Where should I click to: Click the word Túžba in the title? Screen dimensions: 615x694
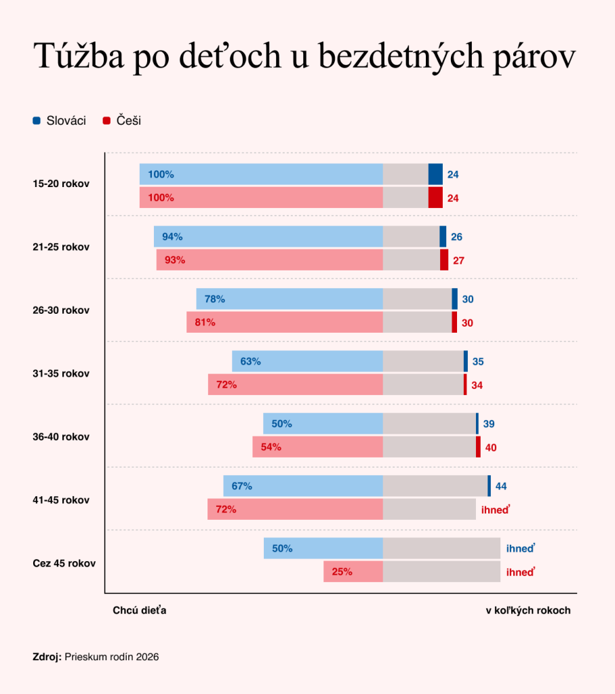79,56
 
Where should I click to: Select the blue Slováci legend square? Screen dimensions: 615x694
37,121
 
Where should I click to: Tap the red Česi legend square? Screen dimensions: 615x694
106,121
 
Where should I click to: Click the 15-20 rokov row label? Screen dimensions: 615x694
61,184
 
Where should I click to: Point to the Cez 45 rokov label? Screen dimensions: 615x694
64,563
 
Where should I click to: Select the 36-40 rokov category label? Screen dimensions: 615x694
61,437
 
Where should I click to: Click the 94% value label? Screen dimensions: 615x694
172,237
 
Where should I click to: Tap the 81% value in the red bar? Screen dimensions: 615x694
205,322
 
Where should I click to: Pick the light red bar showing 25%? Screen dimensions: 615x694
353,571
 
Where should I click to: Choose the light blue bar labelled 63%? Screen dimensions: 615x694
308,361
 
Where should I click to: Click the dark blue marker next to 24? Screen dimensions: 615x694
436,174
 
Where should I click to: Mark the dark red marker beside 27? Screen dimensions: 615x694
444,260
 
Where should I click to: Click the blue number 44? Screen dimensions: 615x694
501,487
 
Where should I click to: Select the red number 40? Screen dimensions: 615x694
491,448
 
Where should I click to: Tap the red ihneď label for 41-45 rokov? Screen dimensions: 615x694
496,510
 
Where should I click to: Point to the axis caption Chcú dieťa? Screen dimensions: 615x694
140,611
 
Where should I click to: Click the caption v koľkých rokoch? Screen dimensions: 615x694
528,611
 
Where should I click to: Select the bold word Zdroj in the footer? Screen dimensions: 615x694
47,657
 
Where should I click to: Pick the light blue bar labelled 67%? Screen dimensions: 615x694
303,486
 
